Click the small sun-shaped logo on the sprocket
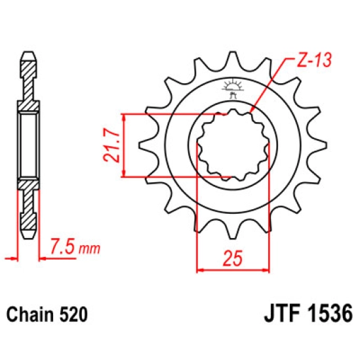[233, 86]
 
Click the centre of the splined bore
[233, 145]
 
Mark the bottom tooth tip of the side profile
[30, 235]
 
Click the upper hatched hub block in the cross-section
[30, 105]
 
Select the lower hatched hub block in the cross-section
[30, 183]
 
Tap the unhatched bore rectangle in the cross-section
[30, 144]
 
